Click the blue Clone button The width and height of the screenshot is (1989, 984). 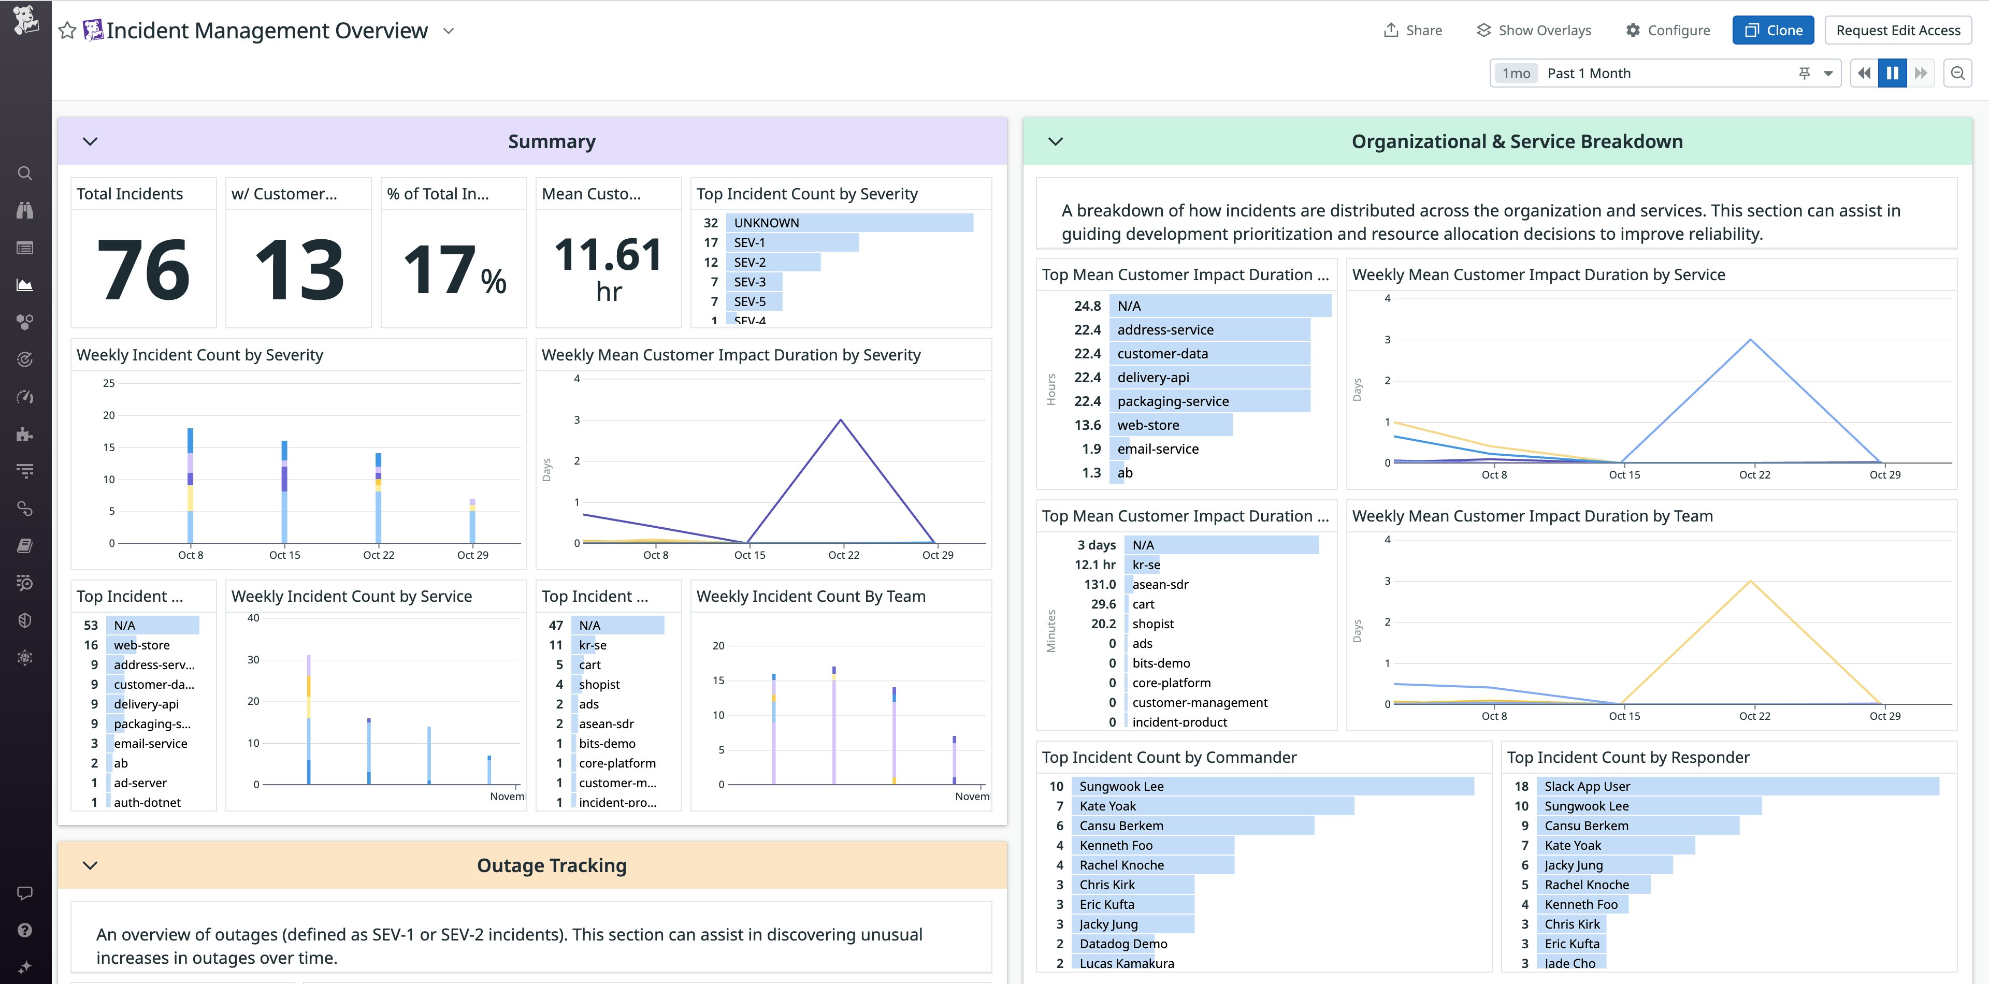[1773, 30]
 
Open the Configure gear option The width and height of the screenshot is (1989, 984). [1668, 30]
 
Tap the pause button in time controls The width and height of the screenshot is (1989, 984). [1892, 74]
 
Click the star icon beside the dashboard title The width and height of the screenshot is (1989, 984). [67, 31]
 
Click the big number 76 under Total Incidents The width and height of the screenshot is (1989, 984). [143, 269]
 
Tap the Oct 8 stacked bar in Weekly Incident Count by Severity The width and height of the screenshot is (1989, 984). [191, 486]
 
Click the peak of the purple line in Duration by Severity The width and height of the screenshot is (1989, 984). [841, 421]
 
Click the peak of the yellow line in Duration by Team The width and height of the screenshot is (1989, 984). [1750, 581]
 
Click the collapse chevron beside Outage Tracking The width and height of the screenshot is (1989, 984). [90, 865]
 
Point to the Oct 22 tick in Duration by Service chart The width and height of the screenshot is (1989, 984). [1754, 474]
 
